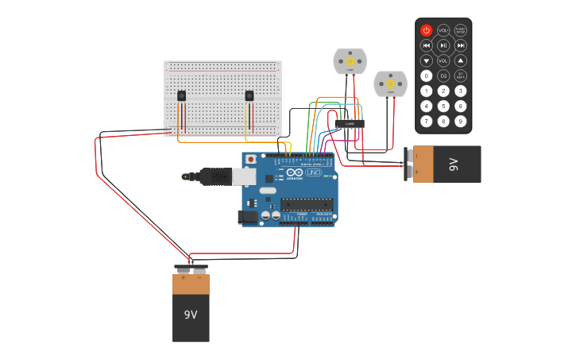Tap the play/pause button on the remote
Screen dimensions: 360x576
click(x=443, y=45)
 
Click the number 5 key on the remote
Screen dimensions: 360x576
click(x=443, y=106)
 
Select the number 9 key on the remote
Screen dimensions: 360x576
click(x=460, y=121)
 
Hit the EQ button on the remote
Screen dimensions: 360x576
click(x=443, y=75)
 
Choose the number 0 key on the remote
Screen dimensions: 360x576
click(x=427, y=75)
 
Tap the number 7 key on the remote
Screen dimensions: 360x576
click(x=427, y=121)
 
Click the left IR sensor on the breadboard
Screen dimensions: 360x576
click(x=181, y=95)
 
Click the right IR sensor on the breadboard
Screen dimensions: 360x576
click(x=249, y=95)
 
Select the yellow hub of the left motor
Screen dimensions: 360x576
click(x=350, y=61)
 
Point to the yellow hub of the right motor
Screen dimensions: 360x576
click(x=390, y=83)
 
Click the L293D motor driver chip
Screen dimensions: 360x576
click(x=350, y=123)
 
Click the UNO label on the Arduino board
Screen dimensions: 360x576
click(x=313, y=172)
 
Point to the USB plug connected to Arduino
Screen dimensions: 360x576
click(x=215, y=176)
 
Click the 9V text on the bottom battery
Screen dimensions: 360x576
click(x=191, y=315)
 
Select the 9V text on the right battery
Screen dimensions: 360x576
click(x=454, y=165)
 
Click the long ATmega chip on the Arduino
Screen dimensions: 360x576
click(x=306, y=204)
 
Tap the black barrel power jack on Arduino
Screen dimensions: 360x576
click(x=249, y=216)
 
